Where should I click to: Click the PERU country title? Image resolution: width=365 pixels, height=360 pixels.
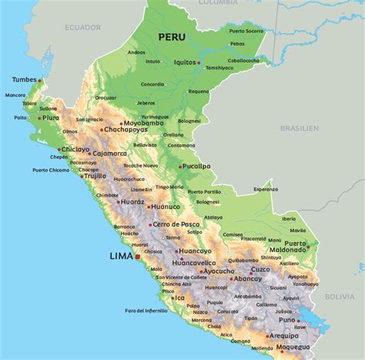[172, 36]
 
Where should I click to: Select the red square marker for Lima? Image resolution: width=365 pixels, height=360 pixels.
[137, 257]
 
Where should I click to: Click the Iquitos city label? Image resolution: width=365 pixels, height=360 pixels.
[185, 62]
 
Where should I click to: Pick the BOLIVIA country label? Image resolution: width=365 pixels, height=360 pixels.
[339, 296]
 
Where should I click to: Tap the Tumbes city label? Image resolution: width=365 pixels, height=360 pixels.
[24, 79]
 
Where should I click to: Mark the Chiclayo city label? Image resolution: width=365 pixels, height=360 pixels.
[75, 149]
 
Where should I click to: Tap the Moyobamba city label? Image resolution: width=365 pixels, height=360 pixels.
[143, 123]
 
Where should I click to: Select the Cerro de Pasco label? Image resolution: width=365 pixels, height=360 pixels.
[176, 224]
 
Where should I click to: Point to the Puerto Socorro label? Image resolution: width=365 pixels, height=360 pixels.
[246, 30]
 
